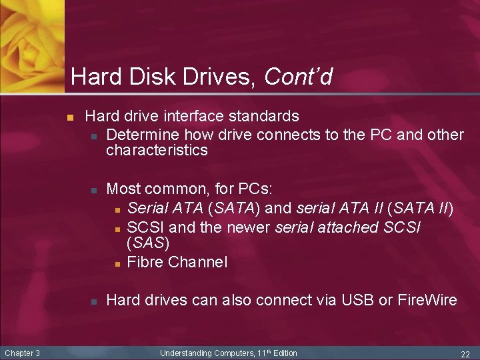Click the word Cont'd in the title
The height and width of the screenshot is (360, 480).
pyautogui.click(x=298, y=77)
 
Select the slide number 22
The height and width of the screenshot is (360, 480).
pyautogui.click(x=465, y=353)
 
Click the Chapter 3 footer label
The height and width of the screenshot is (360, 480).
pyautogui.click(x=23, y=353)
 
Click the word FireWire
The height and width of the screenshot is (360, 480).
pyautogui.click(x=427, y=301)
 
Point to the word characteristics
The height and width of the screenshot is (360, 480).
pyautogui.click(x=157, y=151)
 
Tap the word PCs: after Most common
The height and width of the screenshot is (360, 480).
pyautogui.click(x=266, y=184)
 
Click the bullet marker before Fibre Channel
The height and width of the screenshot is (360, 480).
pyautogui.click(x=117, y=263)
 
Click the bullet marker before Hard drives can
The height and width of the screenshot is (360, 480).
pyautogui.click(x=95, y=301)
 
